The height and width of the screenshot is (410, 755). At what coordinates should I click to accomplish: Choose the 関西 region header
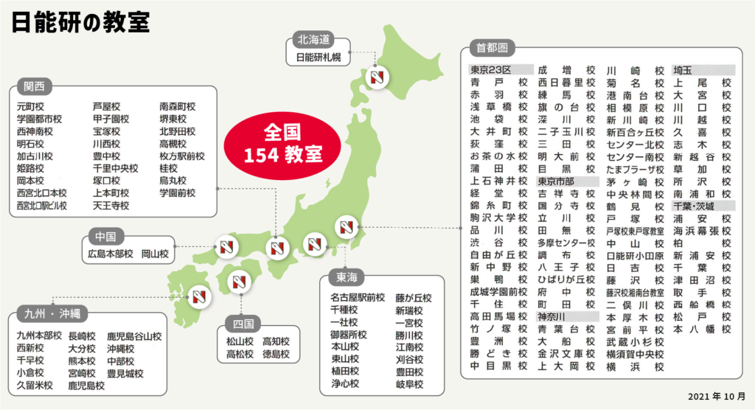tap(34, 86)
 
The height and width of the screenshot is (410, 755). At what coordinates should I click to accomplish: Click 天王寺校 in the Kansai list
tap(111, 206)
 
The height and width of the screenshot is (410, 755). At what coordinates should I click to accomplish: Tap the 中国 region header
tap(105, 237)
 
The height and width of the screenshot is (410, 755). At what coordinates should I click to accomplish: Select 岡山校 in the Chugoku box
tap(155, 254)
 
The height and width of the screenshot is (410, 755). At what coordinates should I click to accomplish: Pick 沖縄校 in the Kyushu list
tap(120, 348)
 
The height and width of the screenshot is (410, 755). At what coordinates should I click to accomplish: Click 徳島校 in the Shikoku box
tap(276, 355)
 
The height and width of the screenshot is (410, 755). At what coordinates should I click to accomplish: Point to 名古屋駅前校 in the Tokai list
tap(358, 298)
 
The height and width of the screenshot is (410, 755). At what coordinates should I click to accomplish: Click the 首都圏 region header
tap(491, 49)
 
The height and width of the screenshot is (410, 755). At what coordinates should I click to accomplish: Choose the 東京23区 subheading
tap(495, 70)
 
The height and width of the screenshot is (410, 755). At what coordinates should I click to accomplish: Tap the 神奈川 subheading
tap(554, 316)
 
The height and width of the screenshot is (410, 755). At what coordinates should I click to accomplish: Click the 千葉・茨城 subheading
tap(694, 206)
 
